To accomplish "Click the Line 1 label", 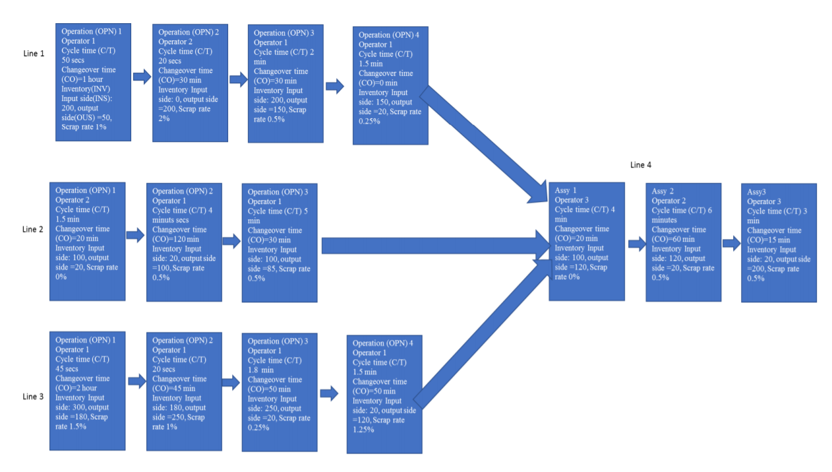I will (x=34, y=53).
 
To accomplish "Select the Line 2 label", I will (x=33, y=229).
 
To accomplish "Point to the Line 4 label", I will (x=641, y=165).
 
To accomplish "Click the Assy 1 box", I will (x=586, y=242).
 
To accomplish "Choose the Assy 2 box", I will (x=683, y=242).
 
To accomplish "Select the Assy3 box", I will (x=779, y=243).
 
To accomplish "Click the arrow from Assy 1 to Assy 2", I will (x=637, y=244).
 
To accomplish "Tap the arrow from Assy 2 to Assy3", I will (x=732, y=244).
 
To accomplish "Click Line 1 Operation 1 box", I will (x=93, y=81).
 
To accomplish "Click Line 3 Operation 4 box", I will (x=384, y=394).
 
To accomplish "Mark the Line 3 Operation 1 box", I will (x=87, y=391).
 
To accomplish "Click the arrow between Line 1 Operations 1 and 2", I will (x=142, y=77).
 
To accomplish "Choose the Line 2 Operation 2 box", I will (x=184, y=242).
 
